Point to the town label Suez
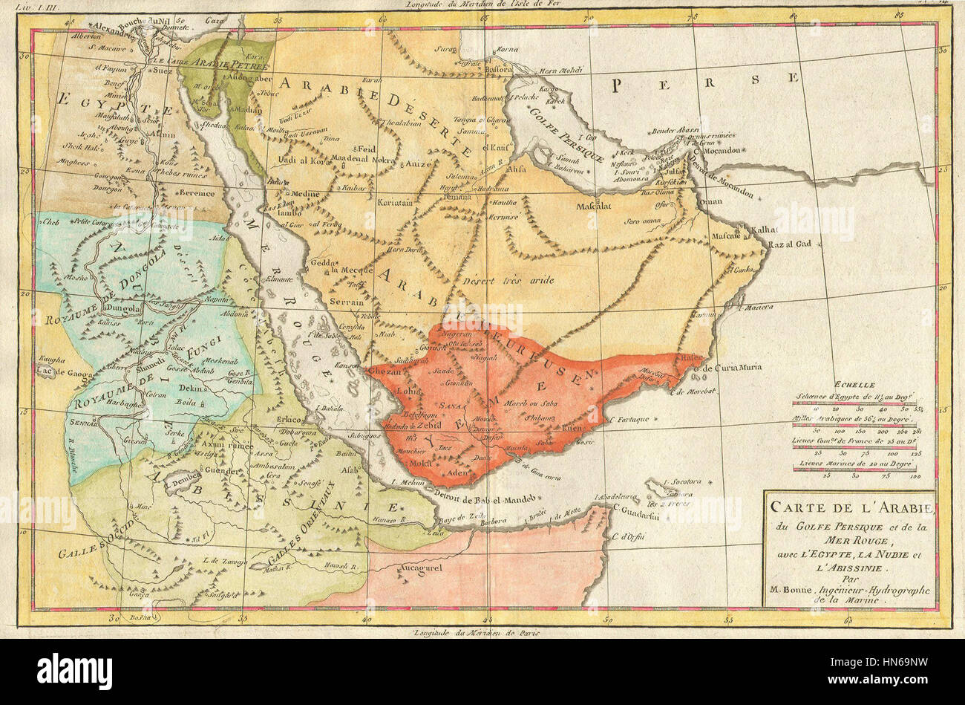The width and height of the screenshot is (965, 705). [x=162, y=72]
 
